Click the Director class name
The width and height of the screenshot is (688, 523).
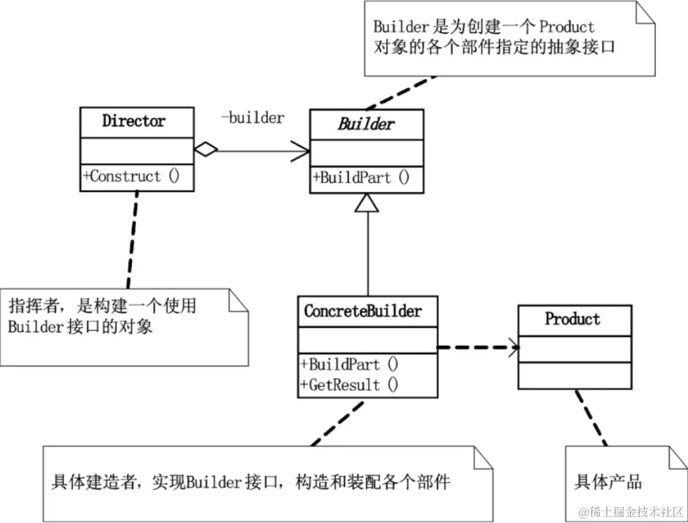(134, 121)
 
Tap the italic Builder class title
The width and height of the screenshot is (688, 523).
(366, 124)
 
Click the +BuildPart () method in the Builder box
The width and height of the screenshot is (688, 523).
(361, 177)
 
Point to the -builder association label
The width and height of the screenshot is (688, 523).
(252, 117)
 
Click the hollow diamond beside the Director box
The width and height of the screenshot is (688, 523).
(206, 149)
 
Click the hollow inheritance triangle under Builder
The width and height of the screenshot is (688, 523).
(367, 202)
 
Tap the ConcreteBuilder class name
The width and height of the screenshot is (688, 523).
(363, 311)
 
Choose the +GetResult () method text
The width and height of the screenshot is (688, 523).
(349, 385)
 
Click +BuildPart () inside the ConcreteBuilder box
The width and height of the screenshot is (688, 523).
(349, 364)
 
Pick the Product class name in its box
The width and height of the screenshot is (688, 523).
(573, 319)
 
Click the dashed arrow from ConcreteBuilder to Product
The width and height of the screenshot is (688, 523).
(478, 348)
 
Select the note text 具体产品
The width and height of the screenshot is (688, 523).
(608, 481)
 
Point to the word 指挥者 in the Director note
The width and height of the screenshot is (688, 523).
(34, 306)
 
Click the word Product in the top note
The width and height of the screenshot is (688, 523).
(567, 26)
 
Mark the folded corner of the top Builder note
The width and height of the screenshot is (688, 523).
(645, 12)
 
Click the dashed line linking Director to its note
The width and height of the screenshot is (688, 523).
(133, 239)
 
